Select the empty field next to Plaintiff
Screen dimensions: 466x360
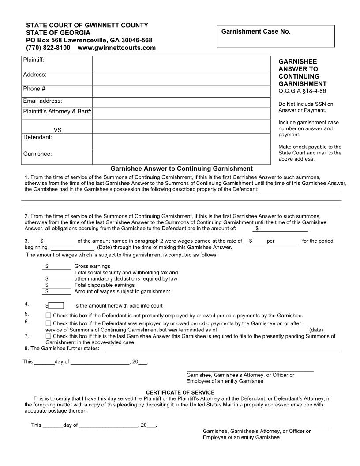[181, 63]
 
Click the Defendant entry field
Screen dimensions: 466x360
[181, 141]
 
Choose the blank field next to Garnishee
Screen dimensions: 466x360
[181, 157]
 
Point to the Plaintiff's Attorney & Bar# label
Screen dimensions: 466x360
[57, 112]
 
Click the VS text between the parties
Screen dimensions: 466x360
[57, 130]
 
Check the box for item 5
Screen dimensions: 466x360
[49, 316]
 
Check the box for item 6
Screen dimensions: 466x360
[49, 323]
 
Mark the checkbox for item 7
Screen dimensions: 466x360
[49, 336]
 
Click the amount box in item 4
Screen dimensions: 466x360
[56, 306]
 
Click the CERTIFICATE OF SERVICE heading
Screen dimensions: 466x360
[180, 392]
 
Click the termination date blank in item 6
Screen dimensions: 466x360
[272, 330]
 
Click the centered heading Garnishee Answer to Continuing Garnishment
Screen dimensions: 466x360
[181, 169]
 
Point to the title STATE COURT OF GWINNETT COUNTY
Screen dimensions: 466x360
[87, 25]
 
